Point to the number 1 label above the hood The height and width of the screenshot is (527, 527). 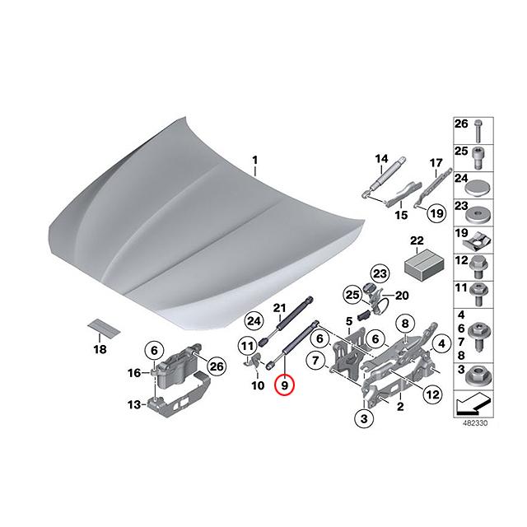tap(254, 159)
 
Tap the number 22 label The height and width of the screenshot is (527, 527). tap(417, 240)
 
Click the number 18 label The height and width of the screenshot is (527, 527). tap(100, 349)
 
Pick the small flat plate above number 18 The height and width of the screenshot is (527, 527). tap(103, 328)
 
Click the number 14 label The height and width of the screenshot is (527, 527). tap(381, 159)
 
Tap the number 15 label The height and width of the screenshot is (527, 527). tap(401, 215)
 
